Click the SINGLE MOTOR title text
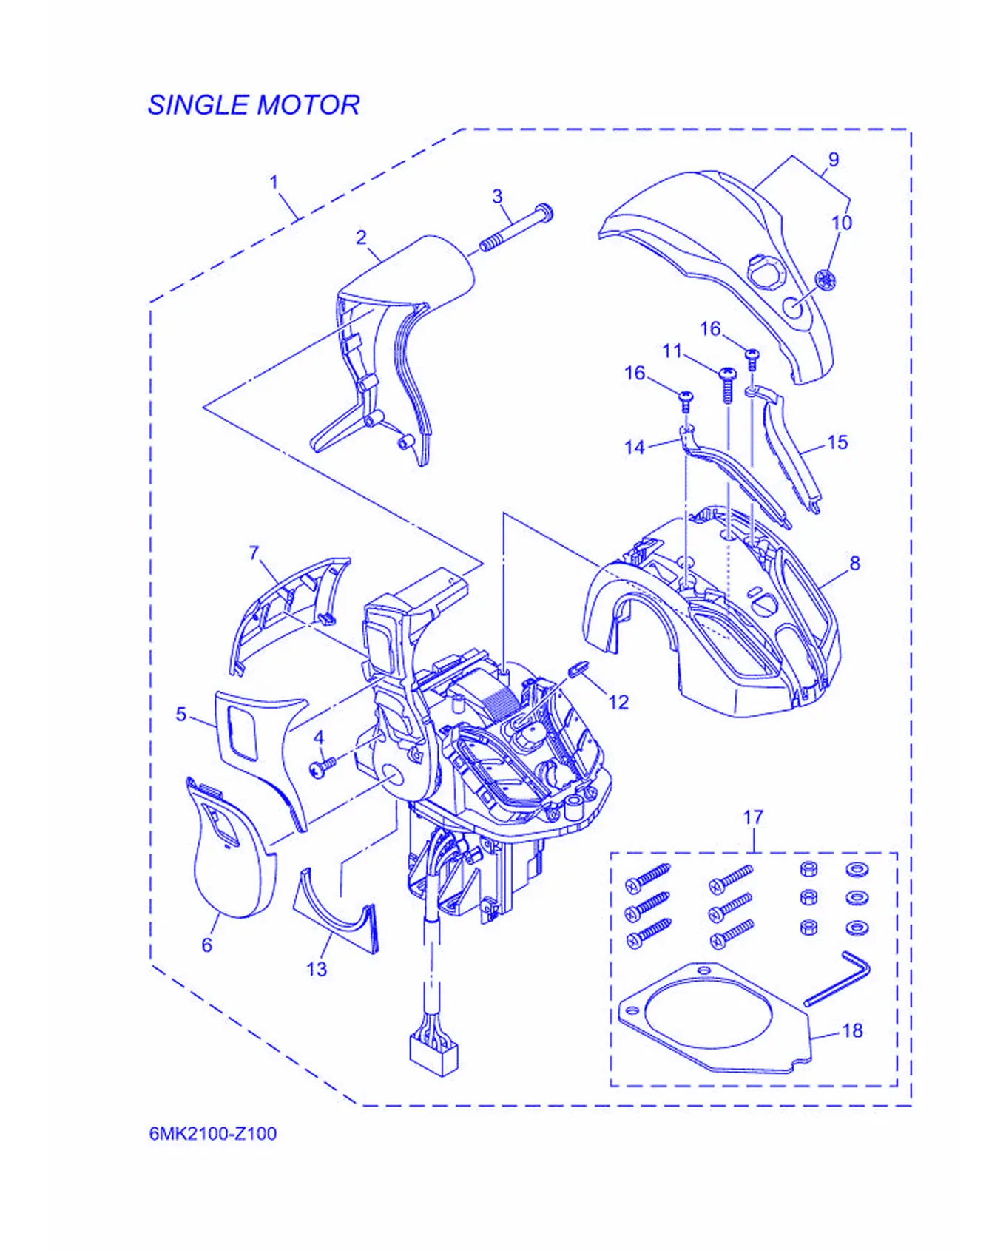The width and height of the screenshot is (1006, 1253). (254, 105)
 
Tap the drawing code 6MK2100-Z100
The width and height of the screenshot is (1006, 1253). (213, 1133)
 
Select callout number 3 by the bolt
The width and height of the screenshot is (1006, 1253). (497, 197)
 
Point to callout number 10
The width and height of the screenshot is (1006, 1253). (842, 222)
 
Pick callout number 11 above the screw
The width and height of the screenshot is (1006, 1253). (672, 351)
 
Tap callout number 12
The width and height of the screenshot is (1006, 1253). (618, 701)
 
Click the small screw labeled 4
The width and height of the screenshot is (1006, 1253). (323, 766)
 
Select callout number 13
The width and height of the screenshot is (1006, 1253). (317, 969)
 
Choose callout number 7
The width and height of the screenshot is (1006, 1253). (254, 553)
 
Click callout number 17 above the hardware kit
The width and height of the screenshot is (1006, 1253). (753, 817)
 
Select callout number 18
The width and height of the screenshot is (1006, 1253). (852, 1030)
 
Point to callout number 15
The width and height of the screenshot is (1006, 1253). (837, 442)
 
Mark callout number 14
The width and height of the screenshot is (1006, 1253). (635, 447)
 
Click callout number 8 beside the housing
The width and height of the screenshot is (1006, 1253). (854, 563)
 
